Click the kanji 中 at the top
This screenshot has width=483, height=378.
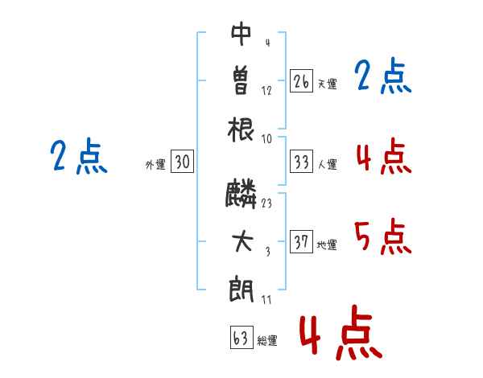coord(242,34)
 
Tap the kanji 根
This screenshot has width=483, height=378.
coord(242,128)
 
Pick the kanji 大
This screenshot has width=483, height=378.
coord(242,242)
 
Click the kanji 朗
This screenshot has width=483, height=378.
coord(242,289)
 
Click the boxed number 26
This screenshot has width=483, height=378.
coord(301,81)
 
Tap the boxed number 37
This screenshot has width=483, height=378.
coord(301,242)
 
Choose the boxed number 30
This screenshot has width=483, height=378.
coord(182,162)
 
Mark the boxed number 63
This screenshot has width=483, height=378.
coord(240,338)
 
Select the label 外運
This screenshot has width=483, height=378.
coord(155,164)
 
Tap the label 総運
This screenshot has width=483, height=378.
coord(267,341)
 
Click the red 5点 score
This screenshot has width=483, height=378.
coord(382,236)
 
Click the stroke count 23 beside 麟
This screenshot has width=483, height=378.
coord(266,204)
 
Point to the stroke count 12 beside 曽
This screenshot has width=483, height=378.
coord(266,90)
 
